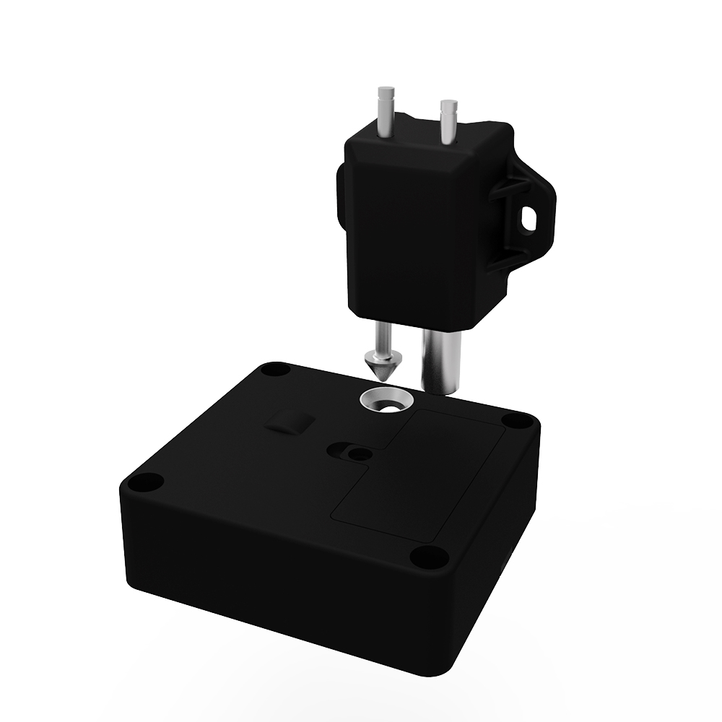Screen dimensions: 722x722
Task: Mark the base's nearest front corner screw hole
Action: (x=427, y=556)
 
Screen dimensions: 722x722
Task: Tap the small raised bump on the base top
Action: (x=287, y=423)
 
